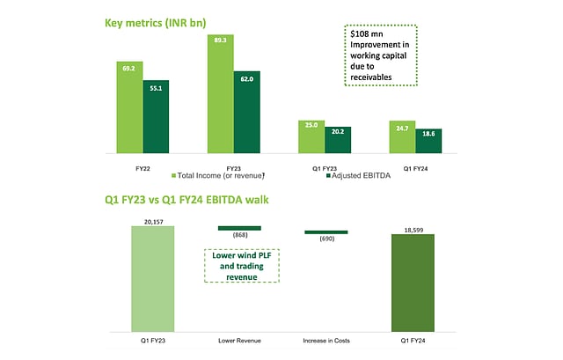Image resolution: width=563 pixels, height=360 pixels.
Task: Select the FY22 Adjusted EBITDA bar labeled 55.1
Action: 156,115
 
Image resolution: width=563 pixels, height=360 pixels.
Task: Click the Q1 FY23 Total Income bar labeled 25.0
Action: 311,136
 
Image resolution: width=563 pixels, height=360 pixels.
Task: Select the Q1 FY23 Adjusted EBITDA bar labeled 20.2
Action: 338,139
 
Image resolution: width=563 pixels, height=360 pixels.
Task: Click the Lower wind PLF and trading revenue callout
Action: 241,265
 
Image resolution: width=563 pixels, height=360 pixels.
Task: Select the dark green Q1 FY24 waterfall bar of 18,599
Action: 413,283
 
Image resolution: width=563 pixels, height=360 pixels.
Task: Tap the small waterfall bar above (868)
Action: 239,228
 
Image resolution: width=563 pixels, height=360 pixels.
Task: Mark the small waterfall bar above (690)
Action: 326,232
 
